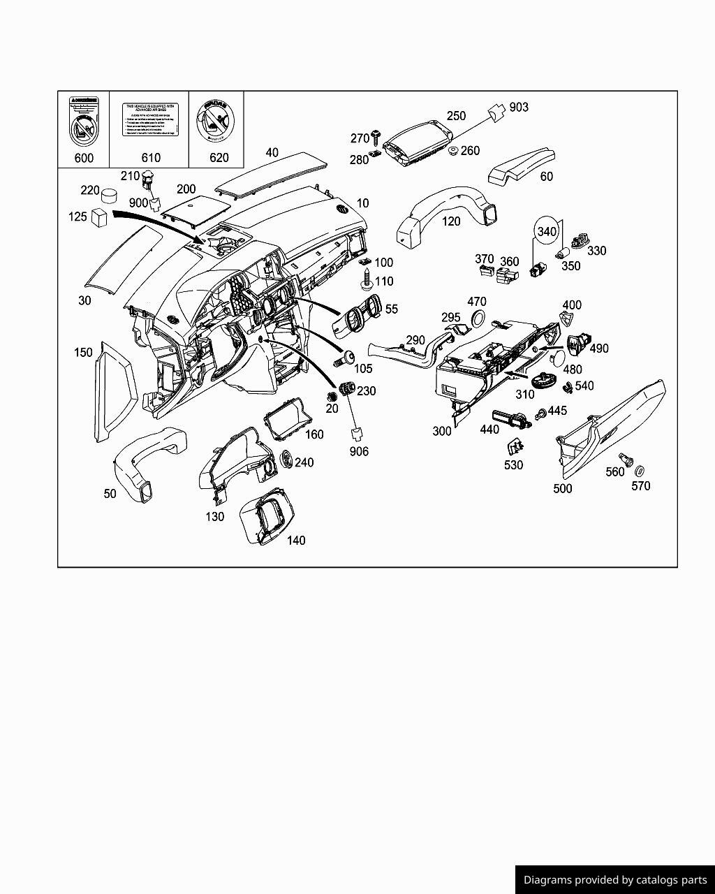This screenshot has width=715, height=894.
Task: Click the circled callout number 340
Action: (x=547, y=231)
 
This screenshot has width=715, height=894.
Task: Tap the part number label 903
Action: (x=519, y=107)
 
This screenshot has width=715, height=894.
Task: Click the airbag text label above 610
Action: (x=150, y=119)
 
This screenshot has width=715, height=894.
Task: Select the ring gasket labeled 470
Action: (x=478, y=319)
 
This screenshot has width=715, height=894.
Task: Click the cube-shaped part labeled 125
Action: (x=99, y=217)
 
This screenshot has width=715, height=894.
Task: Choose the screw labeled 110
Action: (x=367, y=283)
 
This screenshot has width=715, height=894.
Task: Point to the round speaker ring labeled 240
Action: (x=286, y=460)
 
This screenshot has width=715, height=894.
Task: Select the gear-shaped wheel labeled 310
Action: (x=542, y=381)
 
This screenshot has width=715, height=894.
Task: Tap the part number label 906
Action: (x=359, y=451)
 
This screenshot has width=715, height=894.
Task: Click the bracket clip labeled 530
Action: (x=515, y=446)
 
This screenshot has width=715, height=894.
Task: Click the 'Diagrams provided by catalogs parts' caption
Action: (x=615, y=880)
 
